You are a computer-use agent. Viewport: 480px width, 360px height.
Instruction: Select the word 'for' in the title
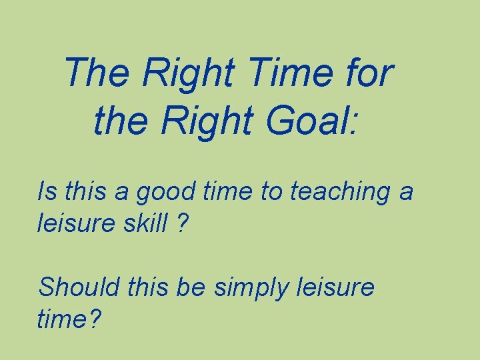[369, 73]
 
